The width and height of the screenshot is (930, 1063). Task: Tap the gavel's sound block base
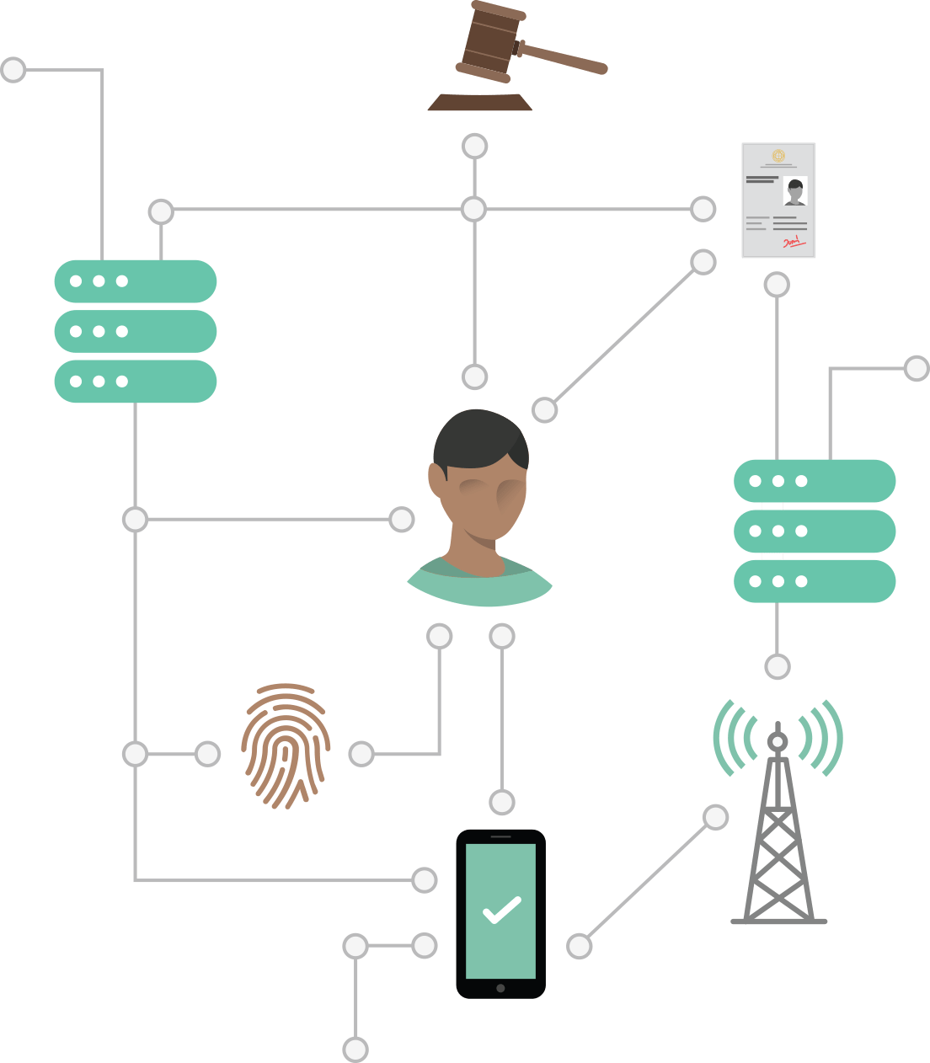click(479, 103)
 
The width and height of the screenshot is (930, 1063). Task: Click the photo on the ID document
click(794, 191)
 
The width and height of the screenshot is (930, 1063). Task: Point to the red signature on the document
click(793, 243)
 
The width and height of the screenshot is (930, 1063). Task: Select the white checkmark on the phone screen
click(501, 911)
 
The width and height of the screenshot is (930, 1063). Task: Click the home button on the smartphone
click(500, 988)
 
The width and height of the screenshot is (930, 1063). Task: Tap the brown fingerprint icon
click(286, 745)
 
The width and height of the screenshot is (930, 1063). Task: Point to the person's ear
click(437, 480)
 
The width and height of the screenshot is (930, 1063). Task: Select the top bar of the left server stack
click(136, 281)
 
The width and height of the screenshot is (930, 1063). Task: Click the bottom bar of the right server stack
click(815, 581)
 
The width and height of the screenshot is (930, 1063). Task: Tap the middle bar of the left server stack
click(136, 331)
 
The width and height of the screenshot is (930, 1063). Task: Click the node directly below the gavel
click(475, 146)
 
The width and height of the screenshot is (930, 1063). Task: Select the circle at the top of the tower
click(777, 742)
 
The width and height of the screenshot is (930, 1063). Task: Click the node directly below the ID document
click(777, 285)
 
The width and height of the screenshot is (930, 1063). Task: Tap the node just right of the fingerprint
click(361, 754)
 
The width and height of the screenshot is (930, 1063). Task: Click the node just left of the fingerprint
click(207, 754)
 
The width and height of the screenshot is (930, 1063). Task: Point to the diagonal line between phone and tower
click(647, 882)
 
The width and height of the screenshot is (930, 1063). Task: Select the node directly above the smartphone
click(502, 802)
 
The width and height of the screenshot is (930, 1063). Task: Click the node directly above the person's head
click(475, 377)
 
